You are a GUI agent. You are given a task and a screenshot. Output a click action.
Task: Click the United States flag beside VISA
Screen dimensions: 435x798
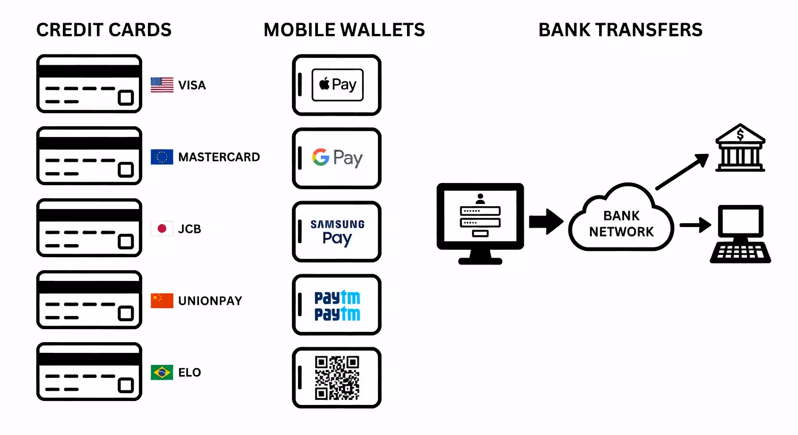tap(162, 85)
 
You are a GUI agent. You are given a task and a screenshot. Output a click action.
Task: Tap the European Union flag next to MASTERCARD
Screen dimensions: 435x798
tap(162, 157)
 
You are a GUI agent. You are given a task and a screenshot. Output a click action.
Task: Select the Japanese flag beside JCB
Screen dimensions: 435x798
tap(162, 229)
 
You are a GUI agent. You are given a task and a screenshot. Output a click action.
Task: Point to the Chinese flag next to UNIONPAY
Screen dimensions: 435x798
tap(162, 301)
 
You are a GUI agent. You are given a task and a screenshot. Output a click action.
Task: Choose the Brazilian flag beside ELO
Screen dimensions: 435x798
tap(162, 372)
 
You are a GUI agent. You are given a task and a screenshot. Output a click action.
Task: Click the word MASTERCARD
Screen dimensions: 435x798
tap(219, 157)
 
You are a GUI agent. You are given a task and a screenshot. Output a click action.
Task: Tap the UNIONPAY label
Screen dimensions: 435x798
tap(210, 301)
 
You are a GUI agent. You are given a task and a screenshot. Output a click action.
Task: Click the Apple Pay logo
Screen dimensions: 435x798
tap(337, 85)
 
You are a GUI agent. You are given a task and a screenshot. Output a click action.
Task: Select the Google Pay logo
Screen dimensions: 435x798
tap(337, 157)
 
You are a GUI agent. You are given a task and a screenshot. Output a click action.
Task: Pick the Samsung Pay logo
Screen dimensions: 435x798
tap(337, 232)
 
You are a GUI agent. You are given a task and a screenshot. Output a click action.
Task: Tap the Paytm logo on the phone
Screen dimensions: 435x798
tap(337, 305)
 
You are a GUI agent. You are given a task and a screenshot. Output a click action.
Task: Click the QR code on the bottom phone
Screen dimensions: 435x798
tap(337, 378)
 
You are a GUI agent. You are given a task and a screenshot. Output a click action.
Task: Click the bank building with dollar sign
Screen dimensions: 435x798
tap(740, 148)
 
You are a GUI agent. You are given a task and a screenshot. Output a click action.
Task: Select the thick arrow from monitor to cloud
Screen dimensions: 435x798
tap(545, 221)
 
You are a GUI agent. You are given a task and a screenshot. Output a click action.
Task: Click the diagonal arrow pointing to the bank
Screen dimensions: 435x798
tap(681, 172)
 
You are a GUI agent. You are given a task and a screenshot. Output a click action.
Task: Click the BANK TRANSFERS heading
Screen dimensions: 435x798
tap(620, 29)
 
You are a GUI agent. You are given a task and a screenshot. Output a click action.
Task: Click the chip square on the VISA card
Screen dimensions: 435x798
tap(125, 97)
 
